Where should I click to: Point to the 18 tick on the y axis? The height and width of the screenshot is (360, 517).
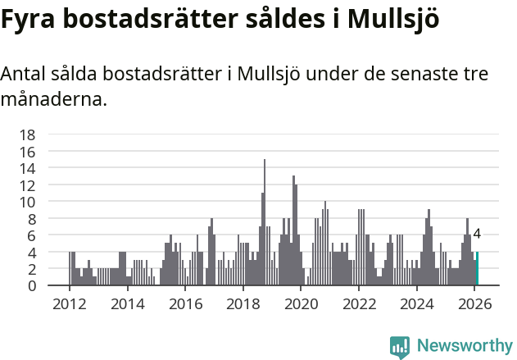pyautogui.click(x=27, y=134)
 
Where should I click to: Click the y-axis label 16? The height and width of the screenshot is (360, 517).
pyautogui.click(x=27, y=152)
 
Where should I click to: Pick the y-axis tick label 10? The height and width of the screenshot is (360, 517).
pyautogui.click(x=27, y=202)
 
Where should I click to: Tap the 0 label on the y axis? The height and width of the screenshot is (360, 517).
pyautogui.click(x=31, y=285)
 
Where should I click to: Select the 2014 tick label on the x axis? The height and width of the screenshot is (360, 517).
pyautogui.click(x=127, y=305)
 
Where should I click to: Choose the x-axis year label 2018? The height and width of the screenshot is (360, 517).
pyautogui.click(x=243, y=305)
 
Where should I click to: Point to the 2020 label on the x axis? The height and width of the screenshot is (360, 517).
pyautogui.click(x=301, y=305)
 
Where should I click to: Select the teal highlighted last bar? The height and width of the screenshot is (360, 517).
pyautogui.click(x=477, y=269)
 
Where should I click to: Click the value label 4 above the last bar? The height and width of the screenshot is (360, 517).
pyautogui.click(x=477, y=235)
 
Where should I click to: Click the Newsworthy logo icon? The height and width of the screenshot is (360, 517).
pyautogui.click(x=400, y=346)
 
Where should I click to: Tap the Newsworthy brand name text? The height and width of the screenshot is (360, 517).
pyautogui.click(x=464, y=346)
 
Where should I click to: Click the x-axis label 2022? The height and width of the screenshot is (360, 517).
pyautogui.click(x=359, y=305)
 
